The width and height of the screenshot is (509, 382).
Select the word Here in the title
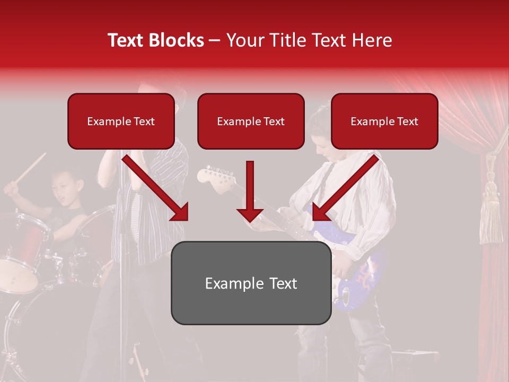pyautogui.click(x=372, y=40)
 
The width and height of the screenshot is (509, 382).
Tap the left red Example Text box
pyautogui.click(x=121, y=121)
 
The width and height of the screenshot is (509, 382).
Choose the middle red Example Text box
pyautogui.click(x=251, y=121)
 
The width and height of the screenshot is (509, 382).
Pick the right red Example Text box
pyautogui.click(x=384, y=121)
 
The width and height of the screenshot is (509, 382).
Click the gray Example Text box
pyautogui.click(x=251, y=283)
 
